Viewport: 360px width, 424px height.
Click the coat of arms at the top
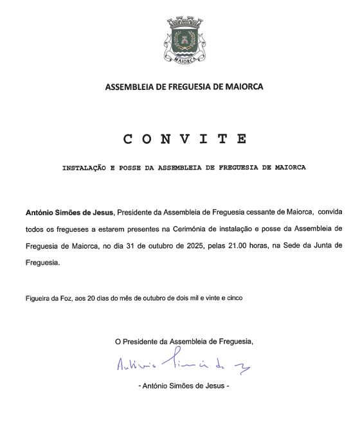pyautogui.click(x=184, y=40)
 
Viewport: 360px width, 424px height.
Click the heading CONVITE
pyautogui.click(x=184, y=139)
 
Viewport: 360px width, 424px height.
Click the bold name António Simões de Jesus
pyautogui.click(x=69, y=211)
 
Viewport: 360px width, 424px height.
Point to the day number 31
pyautogui.click(x=145, y=245)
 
